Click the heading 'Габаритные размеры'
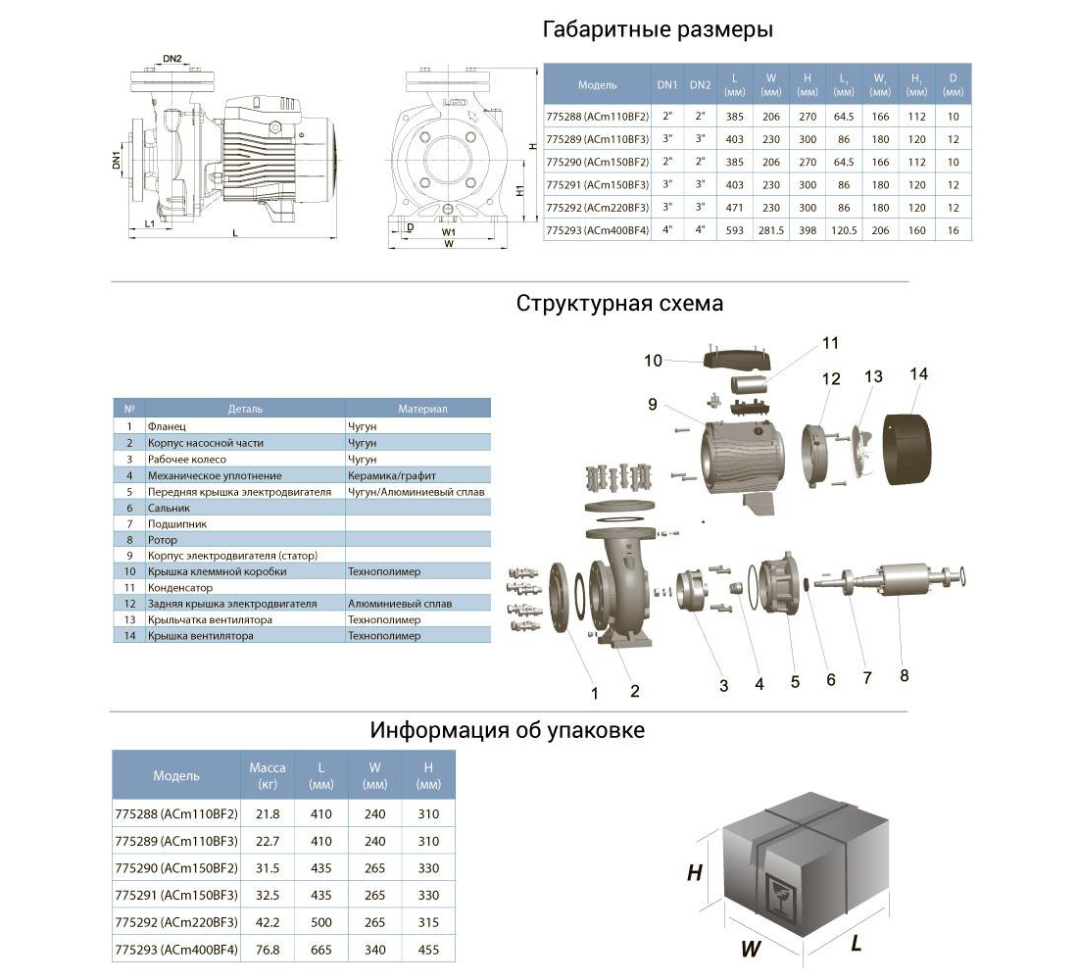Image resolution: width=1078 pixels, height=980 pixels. click(658, 29)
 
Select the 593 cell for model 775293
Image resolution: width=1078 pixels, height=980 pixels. click(734, 231)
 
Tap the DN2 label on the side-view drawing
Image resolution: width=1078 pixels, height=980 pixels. click(172, 59)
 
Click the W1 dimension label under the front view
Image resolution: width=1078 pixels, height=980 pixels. click(447, 232)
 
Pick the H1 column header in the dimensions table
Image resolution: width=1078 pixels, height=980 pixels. click(915, 85)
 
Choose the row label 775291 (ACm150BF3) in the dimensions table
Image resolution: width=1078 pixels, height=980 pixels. click(597, 184)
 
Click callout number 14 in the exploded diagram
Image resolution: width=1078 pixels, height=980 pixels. click(918, 374)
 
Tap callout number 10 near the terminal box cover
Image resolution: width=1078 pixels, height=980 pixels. click(653, 361)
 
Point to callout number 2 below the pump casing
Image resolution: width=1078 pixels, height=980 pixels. click(635, 692)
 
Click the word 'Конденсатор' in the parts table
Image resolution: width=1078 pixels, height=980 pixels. click(179, 588)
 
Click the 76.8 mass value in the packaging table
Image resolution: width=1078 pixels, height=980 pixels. click(268, 950)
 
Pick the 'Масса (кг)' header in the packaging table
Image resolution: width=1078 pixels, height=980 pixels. click(268, 775)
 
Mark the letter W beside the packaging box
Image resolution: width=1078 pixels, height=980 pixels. click(751, 948)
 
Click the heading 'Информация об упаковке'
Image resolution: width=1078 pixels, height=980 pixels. click(507, 731)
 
